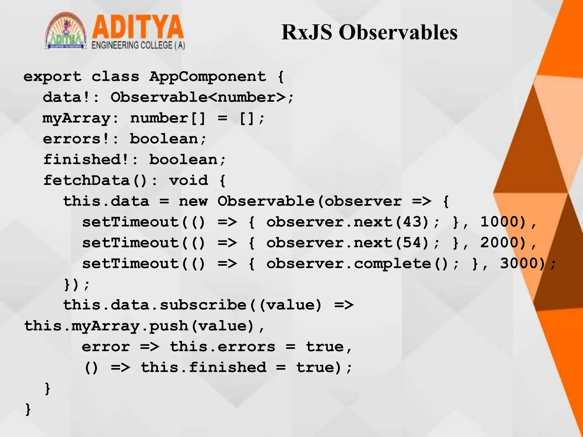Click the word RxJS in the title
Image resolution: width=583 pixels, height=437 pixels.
[x=307, y=32]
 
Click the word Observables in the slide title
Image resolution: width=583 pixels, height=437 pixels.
[x=398, y=32]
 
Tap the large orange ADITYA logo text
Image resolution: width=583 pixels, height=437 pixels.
[x=138, y=27]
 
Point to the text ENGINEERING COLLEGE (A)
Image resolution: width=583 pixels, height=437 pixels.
[x=138, y=46]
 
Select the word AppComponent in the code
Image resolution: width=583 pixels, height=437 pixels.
[x=208, y=77]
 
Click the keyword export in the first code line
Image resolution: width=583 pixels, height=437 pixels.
[x=52, y=77]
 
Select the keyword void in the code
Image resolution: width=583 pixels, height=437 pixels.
[x=188, y=180]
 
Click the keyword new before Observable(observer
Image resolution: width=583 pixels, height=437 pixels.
[x=193, y=201]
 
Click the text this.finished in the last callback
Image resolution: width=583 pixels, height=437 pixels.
[x=204, y=367]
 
